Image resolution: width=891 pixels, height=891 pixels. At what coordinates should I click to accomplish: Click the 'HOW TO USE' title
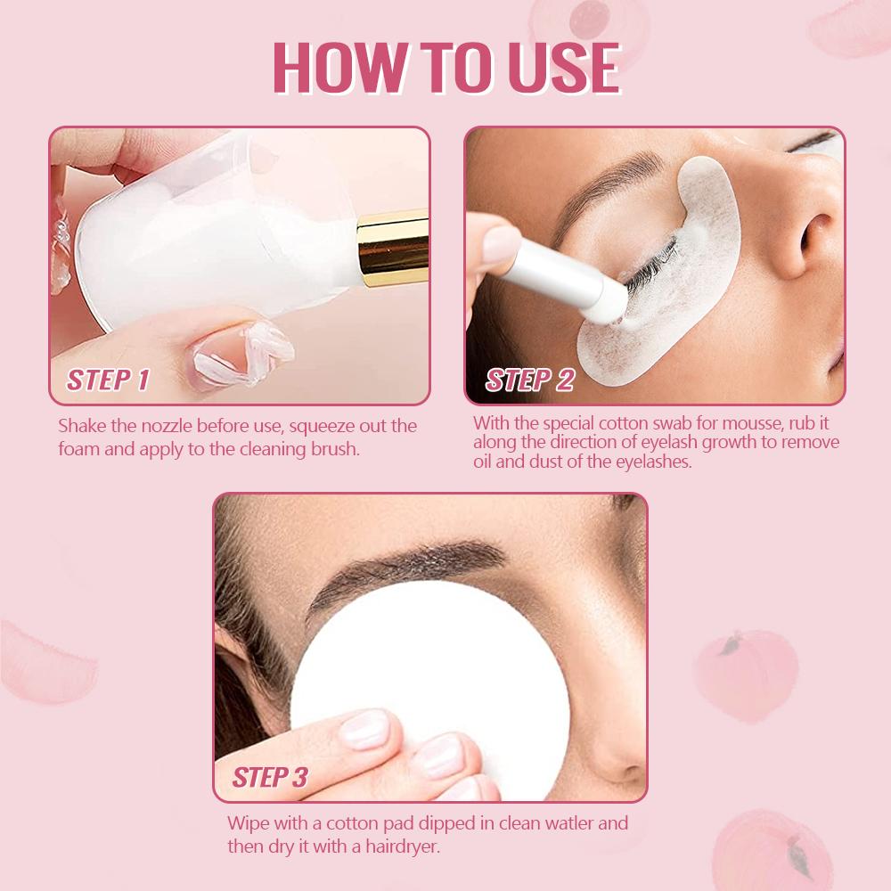point(445,68)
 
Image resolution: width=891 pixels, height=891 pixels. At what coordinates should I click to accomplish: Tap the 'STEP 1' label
point(108,380)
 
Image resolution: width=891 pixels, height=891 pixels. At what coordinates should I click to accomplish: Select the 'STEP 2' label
point(529,380)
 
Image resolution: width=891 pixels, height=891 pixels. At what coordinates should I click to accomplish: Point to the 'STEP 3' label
point(270,777)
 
